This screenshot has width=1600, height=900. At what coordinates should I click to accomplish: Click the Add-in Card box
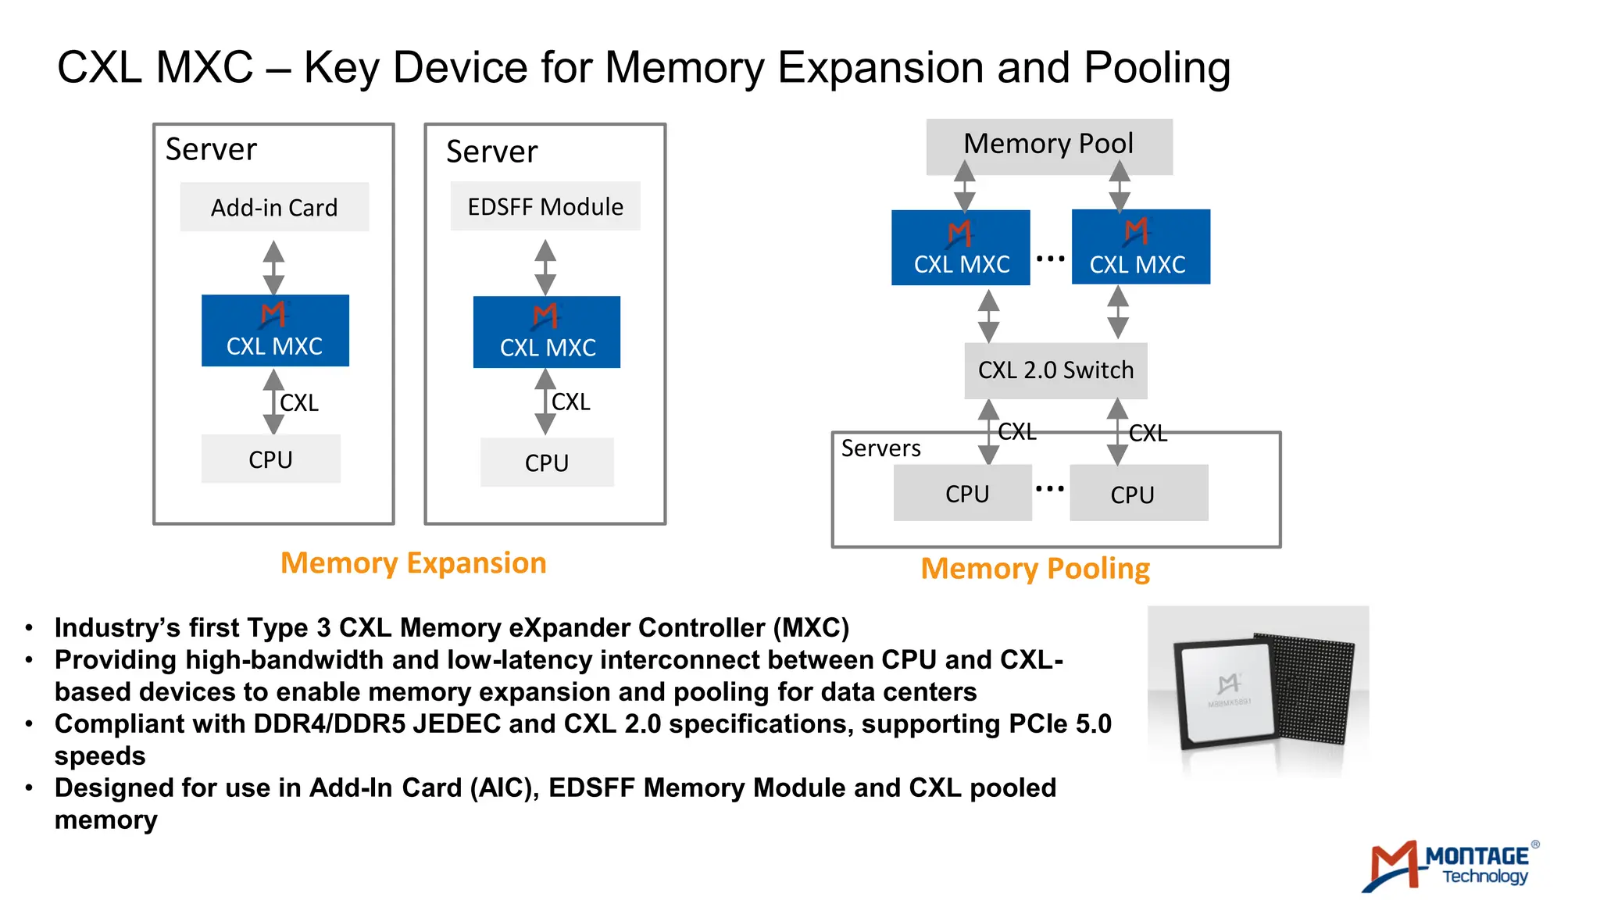[274, 207]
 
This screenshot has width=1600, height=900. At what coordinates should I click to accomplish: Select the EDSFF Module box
[545, 206]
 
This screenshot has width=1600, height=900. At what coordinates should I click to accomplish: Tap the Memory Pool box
[1048, 145]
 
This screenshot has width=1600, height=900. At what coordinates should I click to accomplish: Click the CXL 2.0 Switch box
[1055, 370]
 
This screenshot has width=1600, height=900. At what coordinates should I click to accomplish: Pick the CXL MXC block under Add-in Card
[275, 330]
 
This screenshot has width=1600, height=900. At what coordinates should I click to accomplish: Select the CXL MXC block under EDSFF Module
[547, 332]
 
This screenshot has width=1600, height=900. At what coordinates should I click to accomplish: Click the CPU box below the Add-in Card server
[270, 459]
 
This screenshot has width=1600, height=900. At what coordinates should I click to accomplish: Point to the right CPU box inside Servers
[1138, 493]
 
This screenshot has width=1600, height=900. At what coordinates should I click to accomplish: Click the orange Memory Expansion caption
[413, 563]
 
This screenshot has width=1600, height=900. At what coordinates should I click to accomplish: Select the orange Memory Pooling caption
[1035, 569]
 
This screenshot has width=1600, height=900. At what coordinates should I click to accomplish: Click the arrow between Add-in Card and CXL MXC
[273, 267]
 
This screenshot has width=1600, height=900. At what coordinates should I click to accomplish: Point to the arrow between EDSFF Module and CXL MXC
[545, 267]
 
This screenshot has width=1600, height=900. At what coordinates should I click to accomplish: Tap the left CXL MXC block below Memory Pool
[961, 248]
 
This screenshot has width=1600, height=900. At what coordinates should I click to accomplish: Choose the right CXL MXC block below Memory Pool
[1141, 247]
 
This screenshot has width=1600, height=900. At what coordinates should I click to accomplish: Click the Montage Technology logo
[1450, 866]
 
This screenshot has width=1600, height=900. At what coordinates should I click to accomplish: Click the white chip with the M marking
[1227, 691]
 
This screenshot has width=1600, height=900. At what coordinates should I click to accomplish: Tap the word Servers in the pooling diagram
[880, 448]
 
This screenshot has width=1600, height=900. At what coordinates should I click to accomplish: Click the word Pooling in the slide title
[1156, 68]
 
